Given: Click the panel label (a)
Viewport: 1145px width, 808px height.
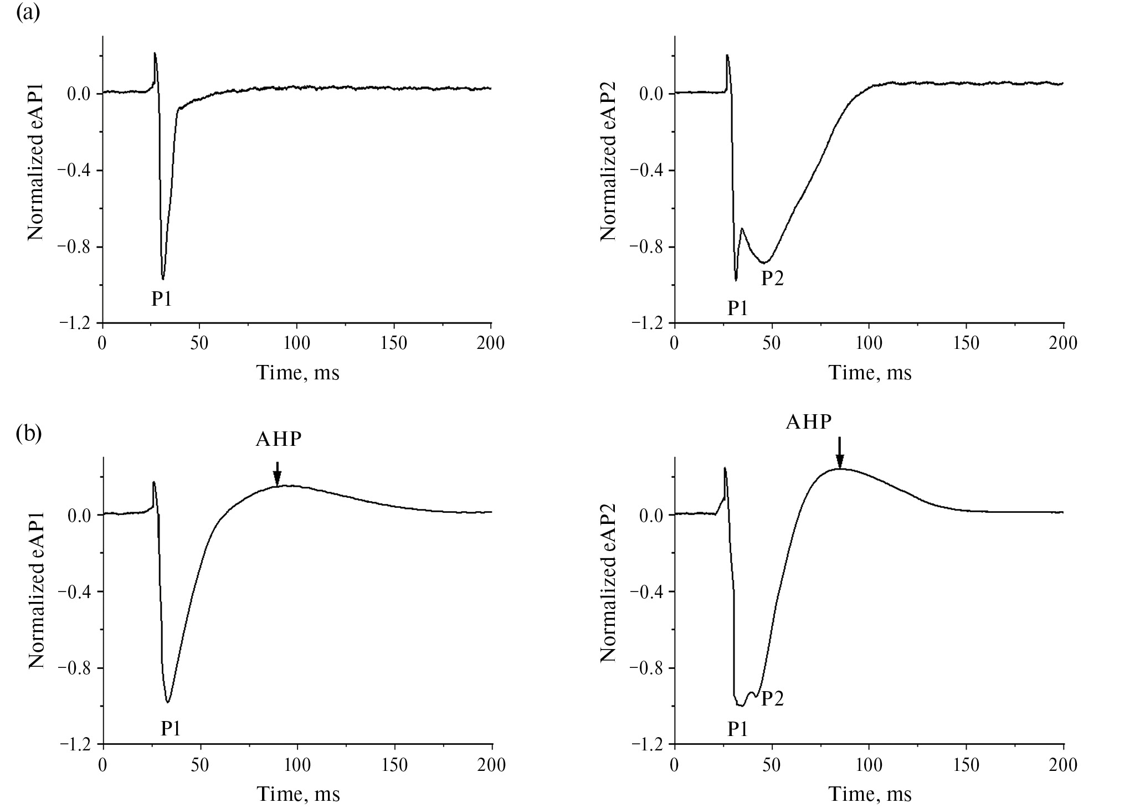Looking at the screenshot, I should [28, 12].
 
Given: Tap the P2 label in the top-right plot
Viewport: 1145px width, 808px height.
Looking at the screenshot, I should [772, 278].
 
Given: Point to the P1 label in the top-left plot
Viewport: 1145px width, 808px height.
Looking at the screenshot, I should [162, 299].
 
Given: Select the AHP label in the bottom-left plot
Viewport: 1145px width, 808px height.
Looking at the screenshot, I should [279, 439].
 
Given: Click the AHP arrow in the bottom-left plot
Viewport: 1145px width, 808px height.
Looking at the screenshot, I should [278, 474].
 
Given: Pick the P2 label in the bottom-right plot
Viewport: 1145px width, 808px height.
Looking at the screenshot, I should [772, 699].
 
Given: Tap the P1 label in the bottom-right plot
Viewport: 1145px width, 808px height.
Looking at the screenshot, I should [737, 729].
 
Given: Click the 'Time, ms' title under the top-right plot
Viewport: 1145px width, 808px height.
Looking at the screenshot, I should [870, 373].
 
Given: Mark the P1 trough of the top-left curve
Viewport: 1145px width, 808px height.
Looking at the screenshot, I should [163, 279].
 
